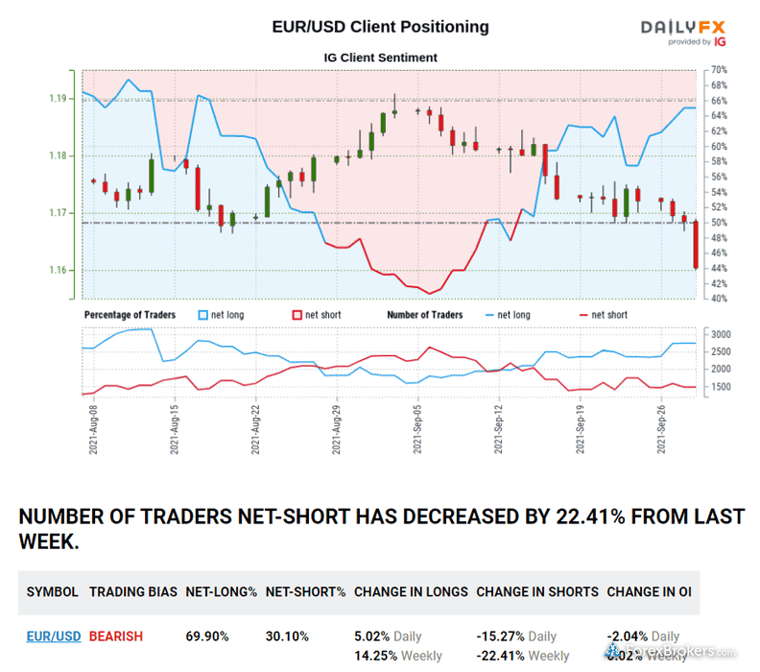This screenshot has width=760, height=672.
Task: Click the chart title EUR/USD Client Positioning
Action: point(380,27)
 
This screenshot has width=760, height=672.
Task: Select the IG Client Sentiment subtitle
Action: point(380,58)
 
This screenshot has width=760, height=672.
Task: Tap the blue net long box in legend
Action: point(202,315)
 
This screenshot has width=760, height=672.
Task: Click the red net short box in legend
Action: point(296,315)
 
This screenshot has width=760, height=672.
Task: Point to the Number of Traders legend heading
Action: point(424,315)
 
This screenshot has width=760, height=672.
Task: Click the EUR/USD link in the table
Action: point(54,636)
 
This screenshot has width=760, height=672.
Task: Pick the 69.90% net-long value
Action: point(208,636)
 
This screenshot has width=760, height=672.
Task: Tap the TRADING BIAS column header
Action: point(133,592)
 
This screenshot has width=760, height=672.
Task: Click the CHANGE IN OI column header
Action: point(649,592)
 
